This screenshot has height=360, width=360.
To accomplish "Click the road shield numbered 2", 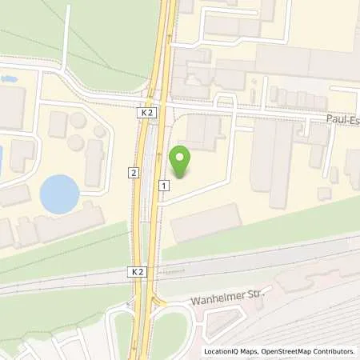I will pyautogui.click(x=133, y=172).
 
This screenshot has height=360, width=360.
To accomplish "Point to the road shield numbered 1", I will pyautogui.click(x=164, y=186).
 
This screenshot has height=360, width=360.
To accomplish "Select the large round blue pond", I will pyautogui.click(x=60, y=194).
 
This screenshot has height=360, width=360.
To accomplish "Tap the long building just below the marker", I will pyautogui.click(x=205, y=222).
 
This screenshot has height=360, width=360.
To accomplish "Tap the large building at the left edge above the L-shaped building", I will pyautogui.click(x=11, y=107).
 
